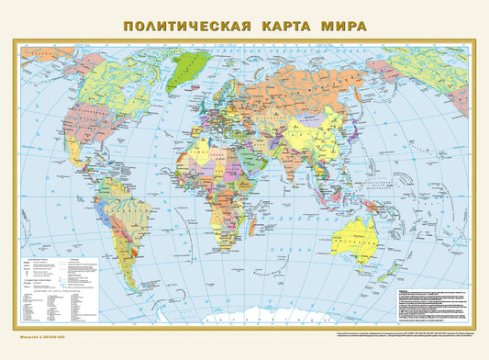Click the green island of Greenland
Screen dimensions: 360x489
[x=193, y=64]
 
